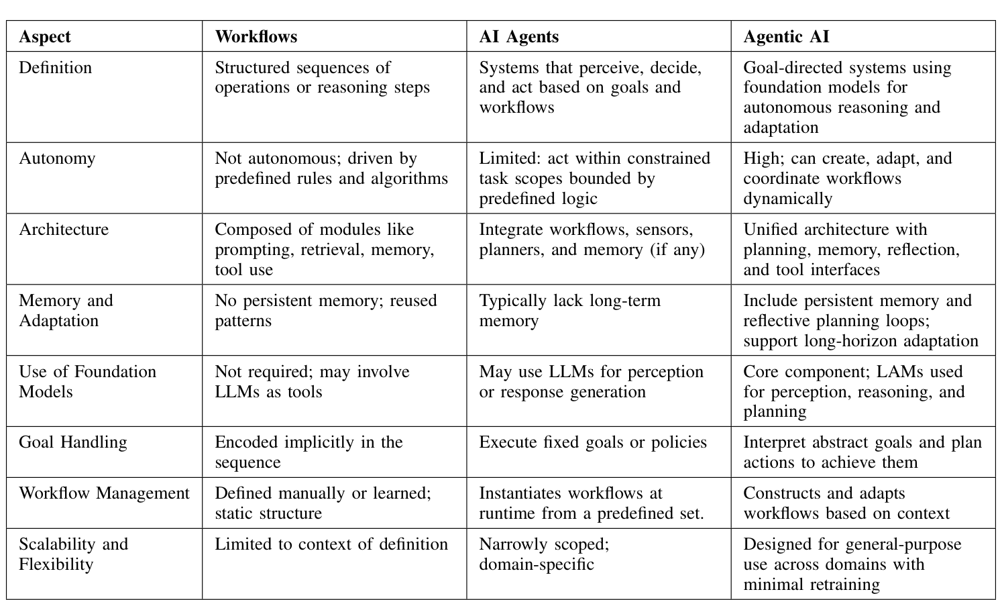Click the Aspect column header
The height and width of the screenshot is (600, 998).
click(45, 36)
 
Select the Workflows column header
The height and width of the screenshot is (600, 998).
click(256, 36)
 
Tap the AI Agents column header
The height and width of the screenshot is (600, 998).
click(518, 36)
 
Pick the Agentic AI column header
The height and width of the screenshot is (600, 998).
click(786, 36)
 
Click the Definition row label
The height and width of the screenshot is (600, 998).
click(55, 68)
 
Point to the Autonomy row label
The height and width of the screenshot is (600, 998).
click(57, 158)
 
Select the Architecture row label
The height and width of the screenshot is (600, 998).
click(64, 230)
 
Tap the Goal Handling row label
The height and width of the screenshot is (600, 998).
click(73, 442)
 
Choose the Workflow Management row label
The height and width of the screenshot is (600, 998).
click(104, 493)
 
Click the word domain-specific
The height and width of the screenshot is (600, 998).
click(537, 564)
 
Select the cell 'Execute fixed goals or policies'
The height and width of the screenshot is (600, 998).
click(593, 442)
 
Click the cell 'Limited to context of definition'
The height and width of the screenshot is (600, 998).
click(331, 544)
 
